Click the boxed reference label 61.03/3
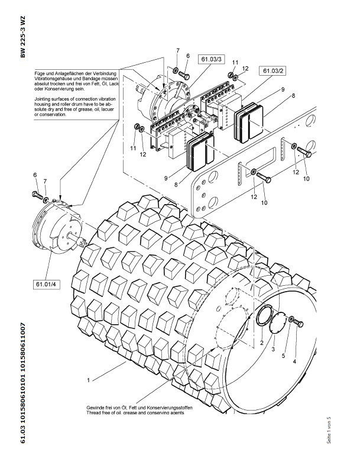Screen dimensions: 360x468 [x=211, y=59]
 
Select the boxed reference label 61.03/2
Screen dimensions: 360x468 [x=273, y=71]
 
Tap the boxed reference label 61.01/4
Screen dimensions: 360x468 [x=46, y=284]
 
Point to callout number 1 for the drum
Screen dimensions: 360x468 [x=88, y=380]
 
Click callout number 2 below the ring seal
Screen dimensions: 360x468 [x=261, y=343]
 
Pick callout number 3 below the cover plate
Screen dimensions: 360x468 [x=273, y=349]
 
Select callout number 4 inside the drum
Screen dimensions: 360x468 [x=295, y=362]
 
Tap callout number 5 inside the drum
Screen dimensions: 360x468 [x=283, y=356]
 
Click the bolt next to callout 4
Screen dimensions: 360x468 [x=299, y=323]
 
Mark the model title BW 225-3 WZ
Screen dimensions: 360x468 [x=23, y=37]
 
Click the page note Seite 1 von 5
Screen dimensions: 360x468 [x=329, y=430]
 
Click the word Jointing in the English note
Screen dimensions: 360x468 [x=43, y=99]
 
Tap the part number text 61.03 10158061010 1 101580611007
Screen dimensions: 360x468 [x=23, y=383]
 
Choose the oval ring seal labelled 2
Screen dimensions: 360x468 [x=264, y=315]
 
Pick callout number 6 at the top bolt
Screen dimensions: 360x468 [x=188, y=56]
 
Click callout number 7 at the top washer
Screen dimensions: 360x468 [x=178, y=50]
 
